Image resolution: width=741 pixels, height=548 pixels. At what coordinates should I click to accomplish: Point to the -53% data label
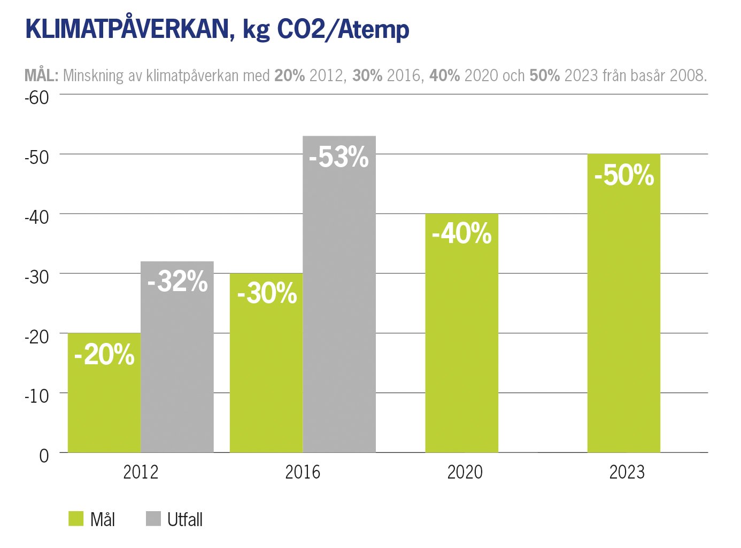[339, 157]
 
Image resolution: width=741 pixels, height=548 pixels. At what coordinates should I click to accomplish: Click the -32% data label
[177, 281]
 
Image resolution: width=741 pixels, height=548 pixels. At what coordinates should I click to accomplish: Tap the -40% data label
[461, 233]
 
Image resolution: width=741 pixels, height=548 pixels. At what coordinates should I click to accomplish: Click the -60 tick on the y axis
[37, 98]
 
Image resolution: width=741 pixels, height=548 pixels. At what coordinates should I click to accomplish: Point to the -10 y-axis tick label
[37, 396]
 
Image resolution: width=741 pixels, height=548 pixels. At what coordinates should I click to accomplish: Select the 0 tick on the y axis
[44, 456]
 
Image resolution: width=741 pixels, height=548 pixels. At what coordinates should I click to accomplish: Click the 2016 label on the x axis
[303, 472]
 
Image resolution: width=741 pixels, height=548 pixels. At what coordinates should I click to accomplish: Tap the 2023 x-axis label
[627, 472]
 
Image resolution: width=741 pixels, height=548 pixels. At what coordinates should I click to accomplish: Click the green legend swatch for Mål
[76, 519]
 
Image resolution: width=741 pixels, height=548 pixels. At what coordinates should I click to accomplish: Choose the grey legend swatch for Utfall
[153, 519]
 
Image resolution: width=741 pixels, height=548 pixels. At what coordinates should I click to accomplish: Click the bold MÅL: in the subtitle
[41, 75]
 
